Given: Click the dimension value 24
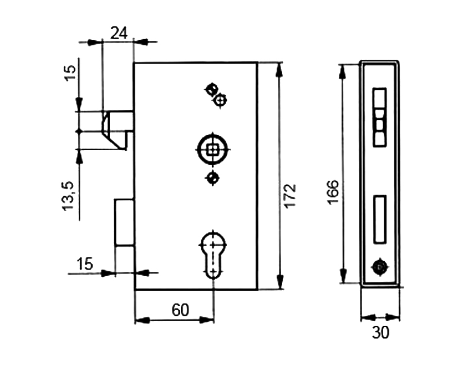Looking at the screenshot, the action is click(x=119, y=33).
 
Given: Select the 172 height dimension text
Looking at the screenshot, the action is click(x=290, y=196).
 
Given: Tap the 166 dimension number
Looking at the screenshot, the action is click(x=333, y=192).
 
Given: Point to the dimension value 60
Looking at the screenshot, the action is click(x=180, y=310).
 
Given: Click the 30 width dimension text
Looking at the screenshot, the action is click(x=381, y=332).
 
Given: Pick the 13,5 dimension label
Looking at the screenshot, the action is click(x=68, y=196).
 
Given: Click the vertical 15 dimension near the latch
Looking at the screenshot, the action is click(x=70, y=73).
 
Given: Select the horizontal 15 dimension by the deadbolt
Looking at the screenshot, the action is click(x=85, y=264).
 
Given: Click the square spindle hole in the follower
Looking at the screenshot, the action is click(x=212, y=150).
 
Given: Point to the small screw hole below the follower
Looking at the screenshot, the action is click(x=212, y=178).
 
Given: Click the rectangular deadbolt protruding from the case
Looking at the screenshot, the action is click(x=125, y=222).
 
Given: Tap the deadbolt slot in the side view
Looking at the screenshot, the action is click(x=380, y=219).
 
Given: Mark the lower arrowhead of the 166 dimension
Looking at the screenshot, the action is click(x=342, y=276).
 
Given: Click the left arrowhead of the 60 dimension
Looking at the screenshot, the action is click(x=142, y=320).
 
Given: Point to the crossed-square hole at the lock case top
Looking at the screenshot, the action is click(x=211, y=89).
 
